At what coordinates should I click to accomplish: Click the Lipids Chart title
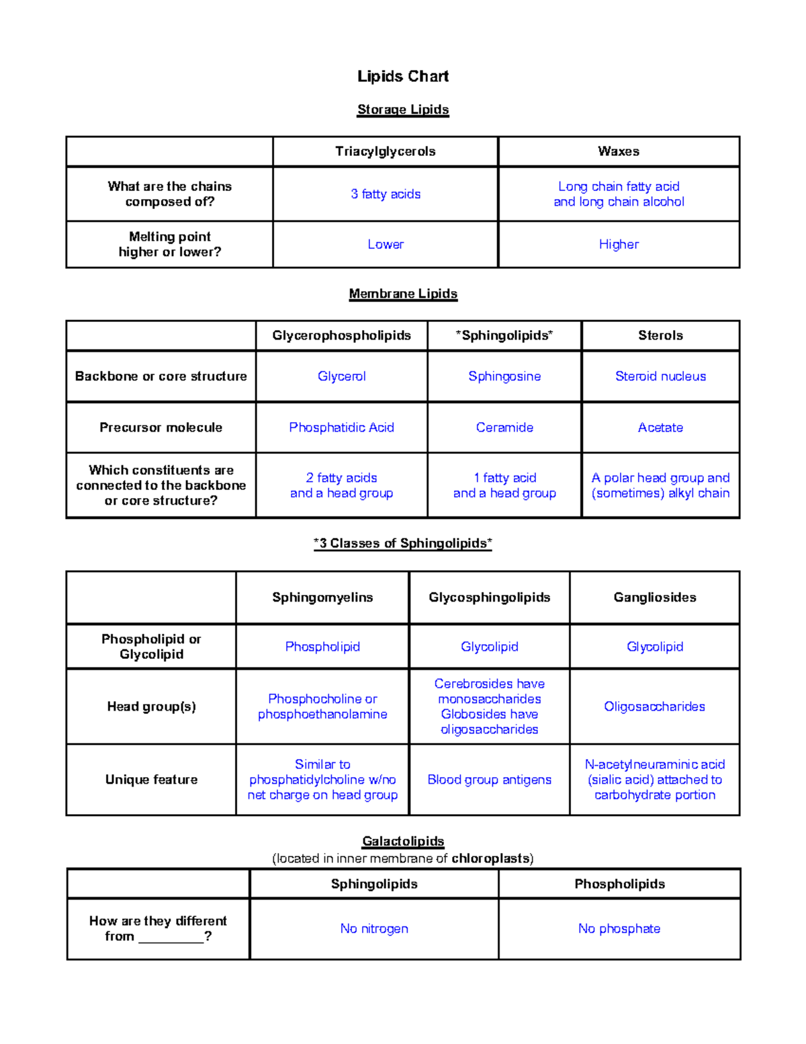tap(403, 77)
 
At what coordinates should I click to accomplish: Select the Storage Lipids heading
tap(403, 110)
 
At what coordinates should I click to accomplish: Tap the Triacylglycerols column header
tap(386, 151)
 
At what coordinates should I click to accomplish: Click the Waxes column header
tap(619, 151)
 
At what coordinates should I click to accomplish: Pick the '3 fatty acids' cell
tap(386, 194)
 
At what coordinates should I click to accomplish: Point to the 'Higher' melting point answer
tap(619, 245)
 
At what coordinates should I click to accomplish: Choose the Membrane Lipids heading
tap(403, 294)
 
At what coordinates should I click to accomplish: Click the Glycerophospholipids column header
tap(341, 335)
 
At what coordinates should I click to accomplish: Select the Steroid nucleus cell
tap(660, 376)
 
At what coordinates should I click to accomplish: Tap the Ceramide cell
tap(504, 428)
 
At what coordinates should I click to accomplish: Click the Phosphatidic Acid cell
tap(341, 428)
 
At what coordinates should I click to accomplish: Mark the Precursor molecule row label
tap(161, 428)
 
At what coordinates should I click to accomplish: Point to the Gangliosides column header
tap(655, 598)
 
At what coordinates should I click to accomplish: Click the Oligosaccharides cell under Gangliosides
tap(655, 707)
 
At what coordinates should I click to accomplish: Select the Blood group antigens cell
tap(489, 780)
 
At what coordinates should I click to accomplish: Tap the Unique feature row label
tap(151, 780)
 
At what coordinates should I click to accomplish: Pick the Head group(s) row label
tap(151, 707)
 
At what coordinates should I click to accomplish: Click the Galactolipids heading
tap(403, 841)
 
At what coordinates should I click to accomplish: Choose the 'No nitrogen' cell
tap(374, 928)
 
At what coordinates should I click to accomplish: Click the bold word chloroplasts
tap(490, 858)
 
